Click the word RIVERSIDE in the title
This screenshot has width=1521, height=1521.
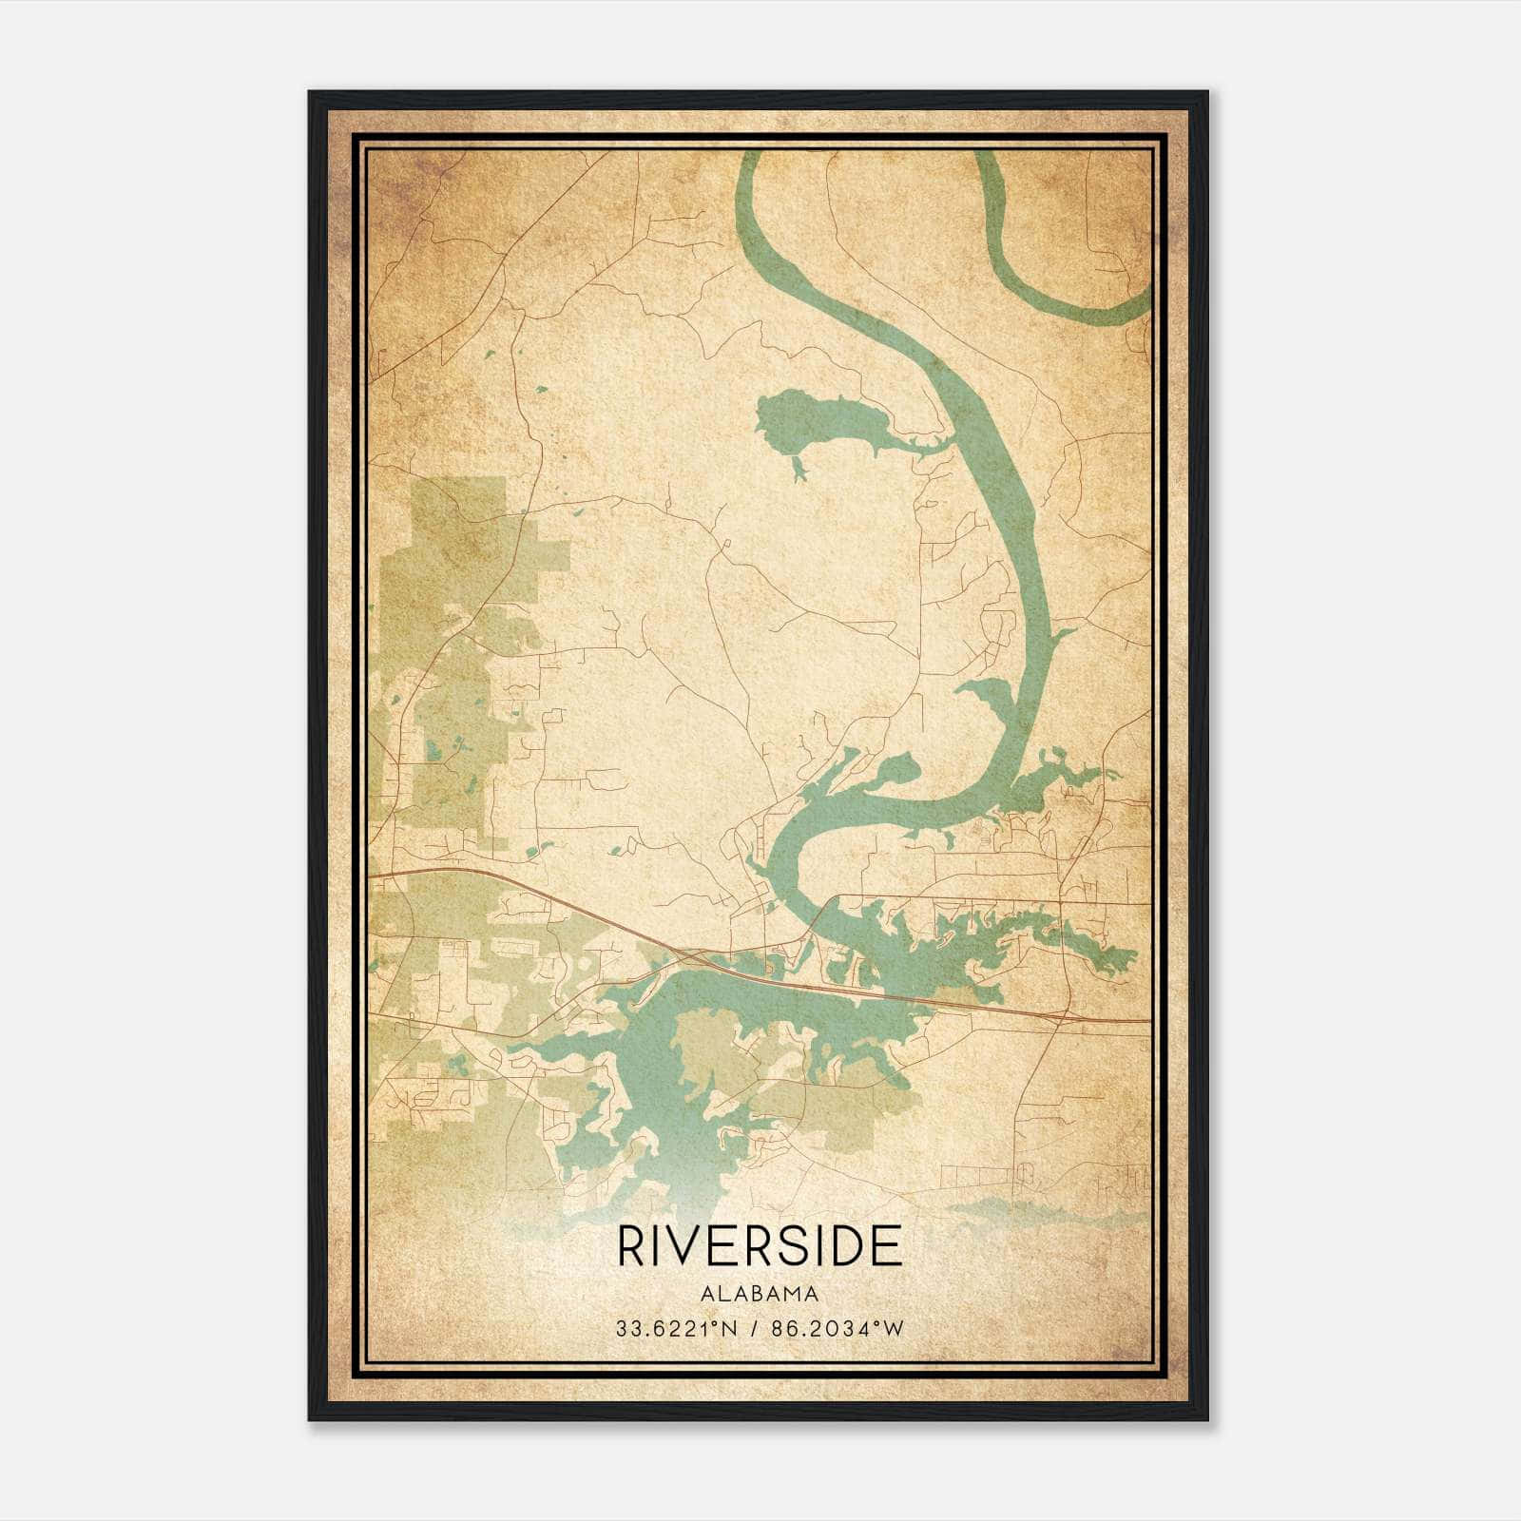(760, 1245)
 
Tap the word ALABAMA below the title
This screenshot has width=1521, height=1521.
(760, 1294)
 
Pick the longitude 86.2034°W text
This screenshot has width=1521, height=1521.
(838, 1328)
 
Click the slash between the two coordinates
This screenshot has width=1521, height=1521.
(754, 1328)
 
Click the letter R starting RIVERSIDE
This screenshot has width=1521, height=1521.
(630, 1245)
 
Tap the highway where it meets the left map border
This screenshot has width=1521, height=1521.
(372, 872)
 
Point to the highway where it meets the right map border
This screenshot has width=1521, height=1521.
(1147, 1021)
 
